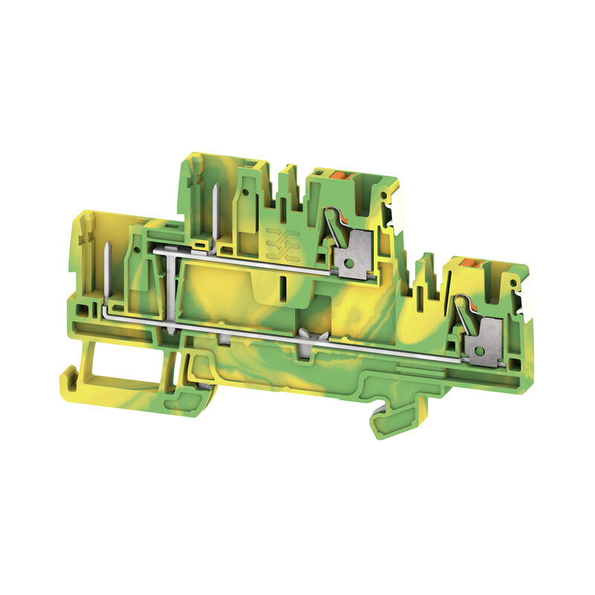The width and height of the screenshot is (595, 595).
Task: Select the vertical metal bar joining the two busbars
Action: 172,290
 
